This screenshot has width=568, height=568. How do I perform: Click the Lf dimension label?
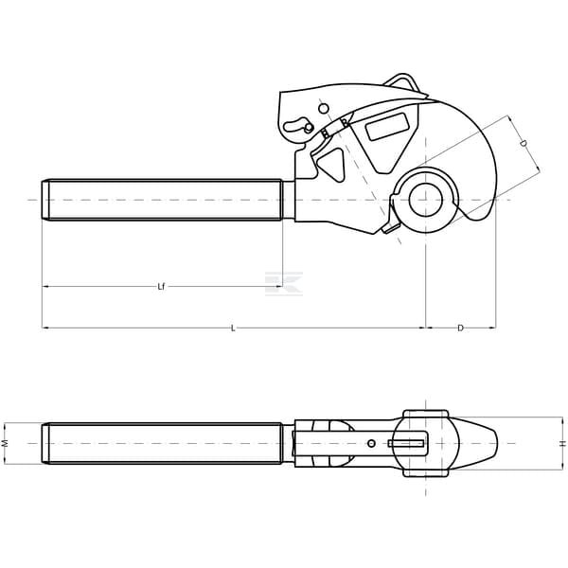(x=161, y=287)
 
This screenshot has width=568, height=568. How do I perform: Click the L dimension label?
(x=234, y=328)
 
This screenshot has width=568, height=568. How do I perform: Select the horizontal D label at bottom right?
(x=460, y=328)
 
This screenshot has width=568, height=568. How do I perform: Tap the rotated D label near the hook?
(x=524, y=144)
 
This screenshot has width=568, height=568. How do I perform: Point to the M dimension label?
(x=5, y=443)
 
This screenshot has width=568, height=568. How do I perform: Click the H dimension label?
(x=562, y=443)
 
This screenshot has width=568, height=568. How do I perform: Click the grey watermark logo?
(x=284, y=283)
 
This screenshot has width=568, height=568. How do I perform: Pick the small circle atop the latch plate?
(x=324, y=108)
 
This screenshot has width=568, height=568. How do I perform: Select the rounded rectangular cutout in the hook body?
(x=387, y=127)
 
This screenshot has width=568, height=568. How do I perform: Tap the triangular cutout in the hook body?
(x=332, y=164)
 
